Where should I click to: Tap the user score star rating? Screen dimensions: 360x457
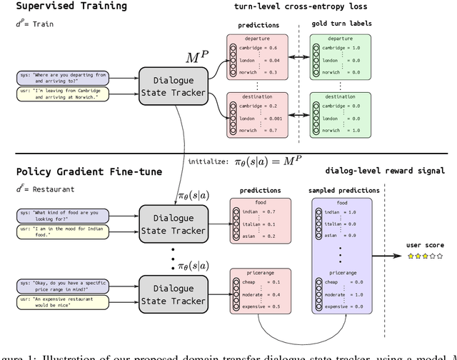[426, 256]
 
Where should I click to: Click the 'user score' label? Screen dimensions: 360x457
[426, 245]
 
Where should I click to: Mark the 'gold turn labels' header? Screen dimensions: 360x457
[341, 24]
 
